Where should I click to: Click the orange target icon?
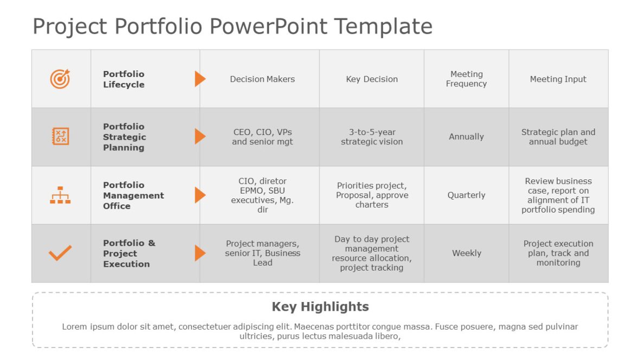pos(60,79)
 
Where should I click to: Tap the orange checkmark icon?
pos(60,253)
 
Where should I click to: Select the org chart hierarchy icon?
pos(60,195)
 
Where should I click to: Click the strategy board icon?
pos(60,137)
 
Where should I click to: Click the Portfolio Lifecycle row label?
pos(124,79)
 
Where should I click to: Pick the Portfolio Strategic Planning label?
pos(125,137)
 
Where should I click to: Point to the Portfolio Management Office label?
pos(133,195)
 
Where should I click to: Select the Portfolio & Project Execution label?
pos(129,253)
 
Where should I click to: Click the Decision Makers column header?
pos(262,79)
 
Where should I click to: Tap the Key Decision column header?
pos(372,79)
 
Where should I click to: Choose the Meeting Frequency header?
pos(466,79)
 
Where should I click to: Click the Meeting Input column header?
pos(558,79)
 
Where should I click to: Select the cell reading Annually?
pos(466,137)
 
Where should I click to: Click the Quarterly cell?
pos(466,195)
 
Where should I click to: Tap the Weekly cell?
pos(466,253)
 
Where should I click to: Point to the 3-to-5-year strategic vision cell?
pos(372,137)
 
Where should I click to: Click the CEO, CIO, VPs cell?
pos(262,137)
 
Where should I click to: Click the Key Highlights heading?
pos(320,307)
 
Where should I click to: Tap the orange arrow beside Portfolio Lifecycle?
pos(200,79)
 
